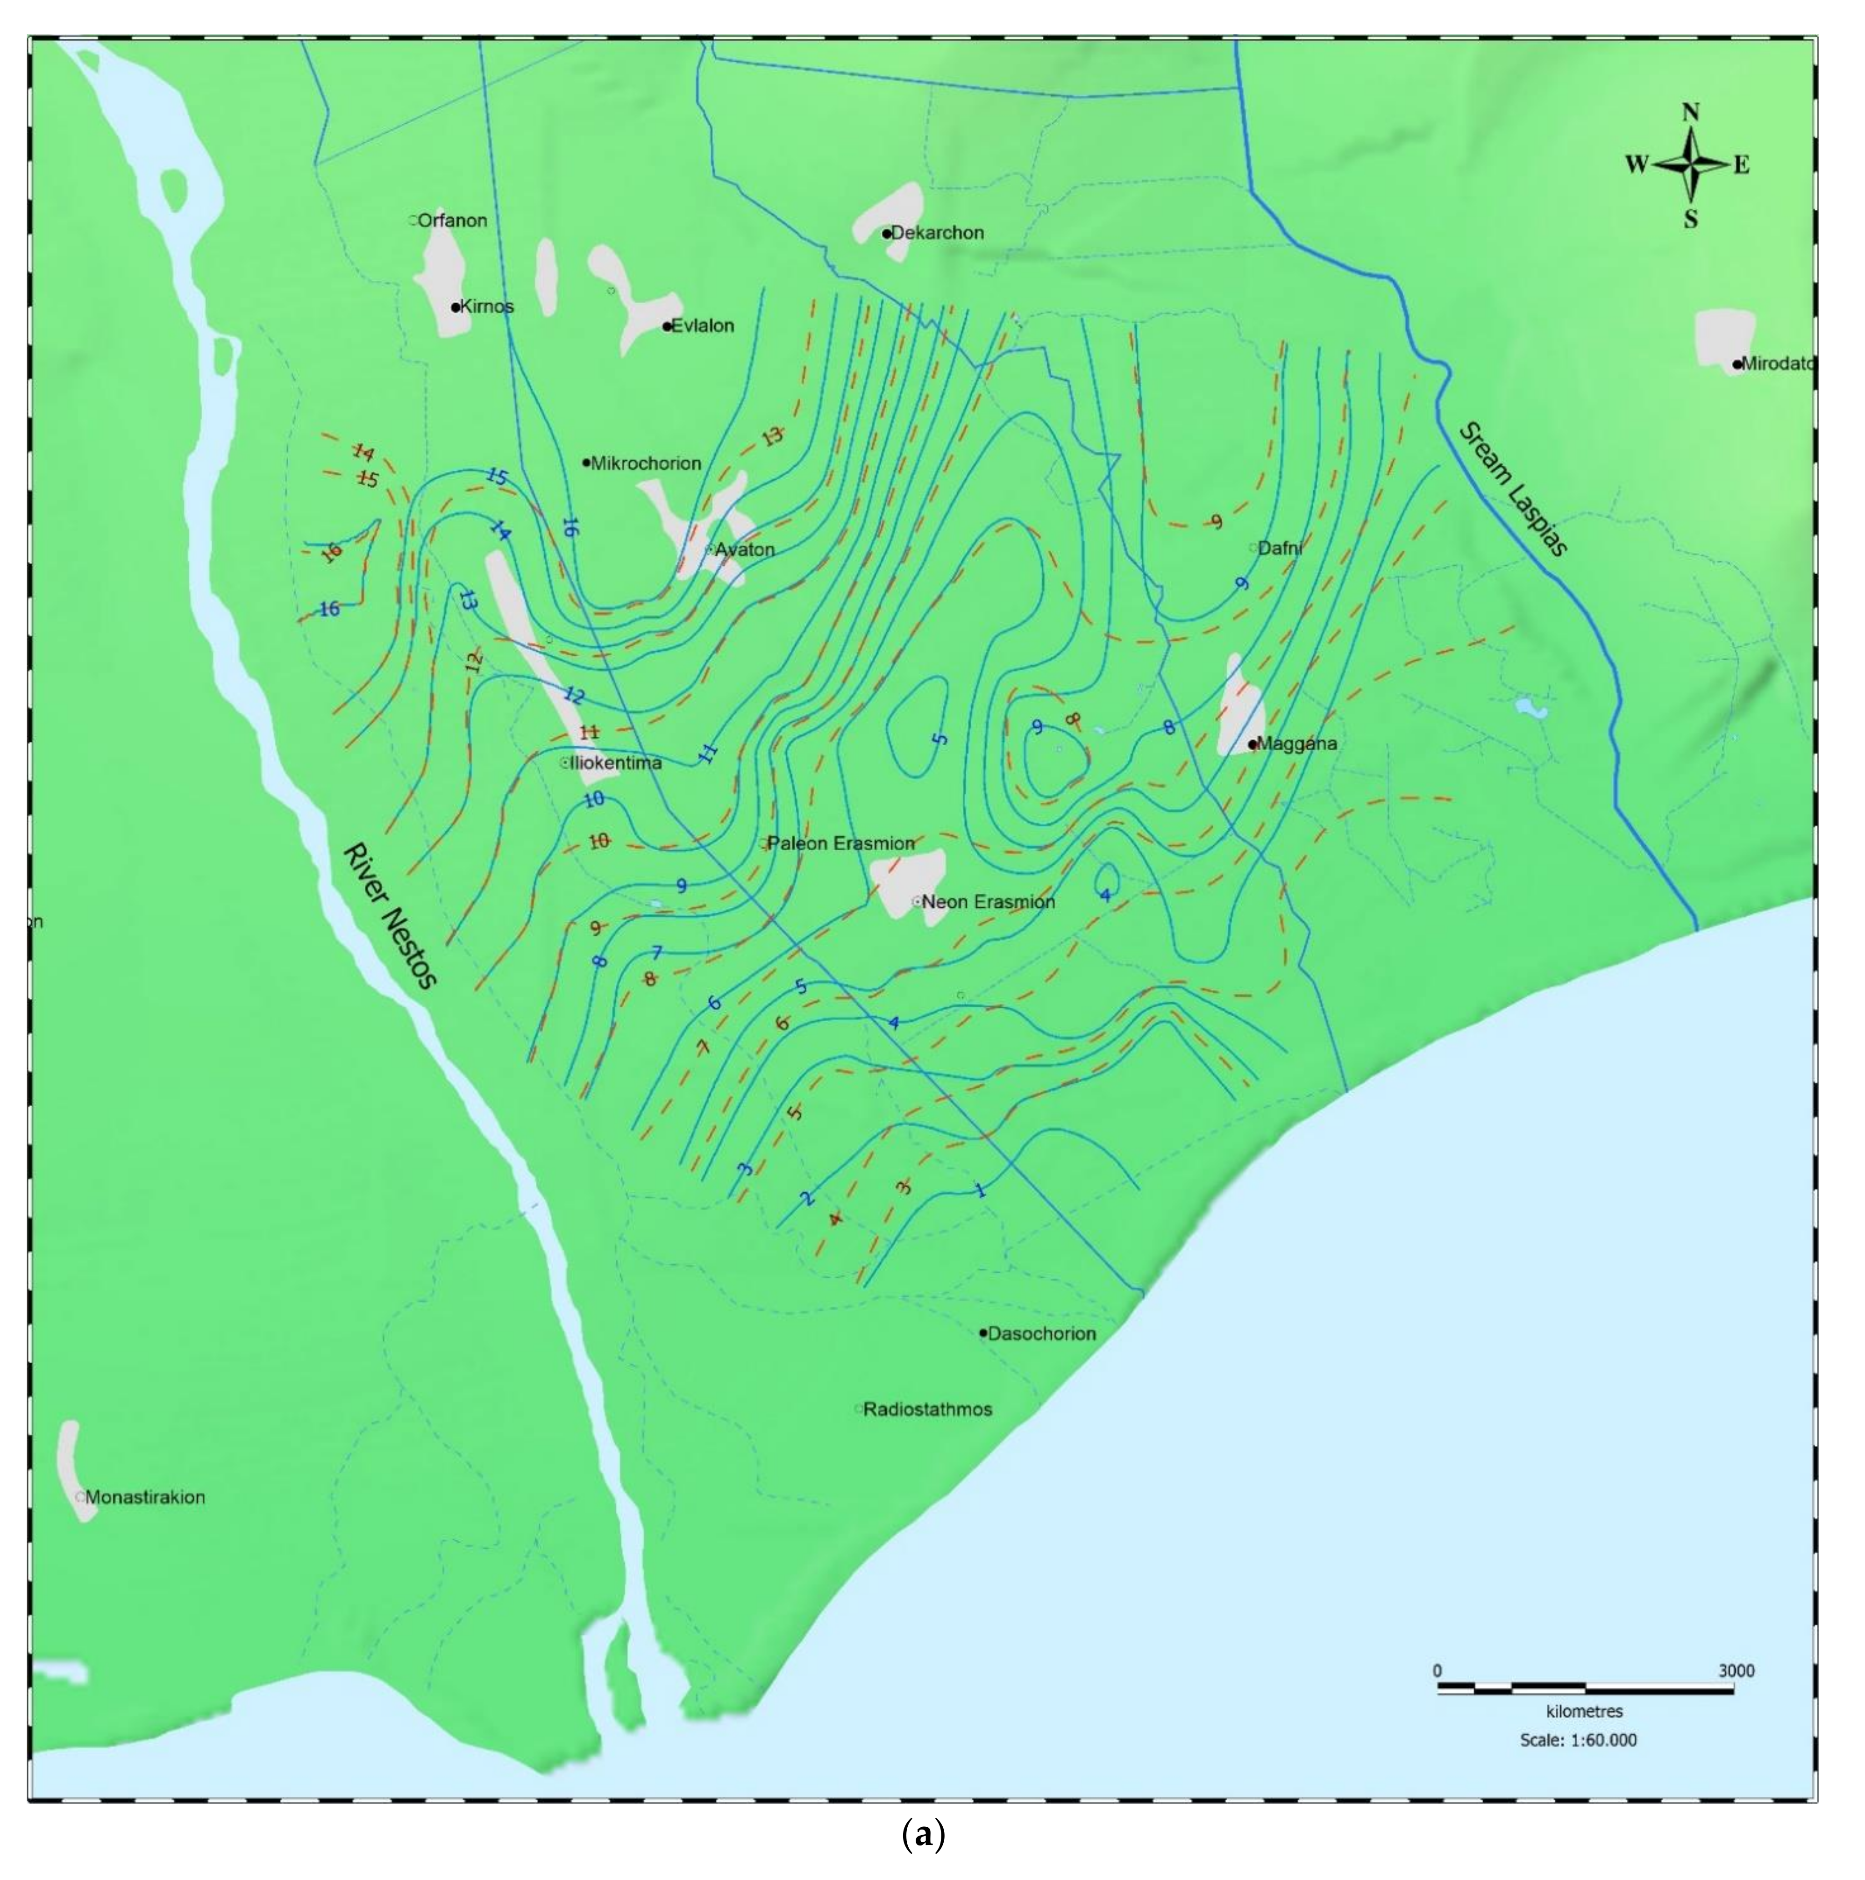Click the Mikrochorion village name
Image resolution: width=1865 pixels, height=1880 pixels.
coord(646,463)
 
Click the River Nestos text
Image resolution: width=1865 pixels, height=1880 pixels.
coord(389,915)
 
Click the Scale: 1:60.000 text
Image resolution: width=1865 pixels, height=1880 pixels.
coord(1578,1740)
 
